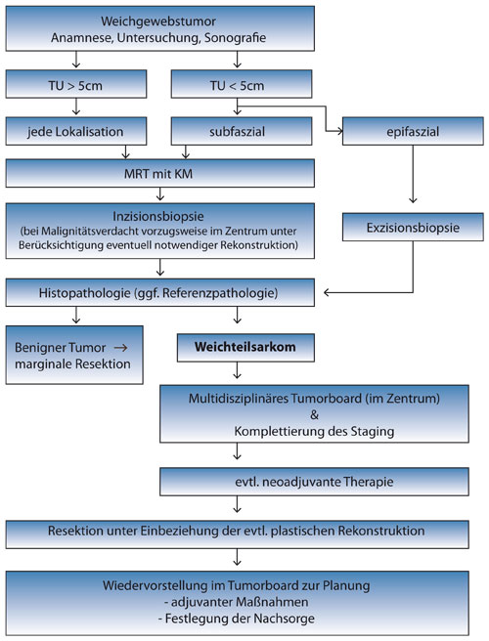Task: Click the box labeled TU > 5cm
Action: coord(76,84)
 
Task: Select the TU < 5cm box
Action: coord(242,84)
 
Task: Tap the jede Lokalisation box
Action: coord(76,131)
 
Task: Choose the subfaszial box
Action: coord(242,131)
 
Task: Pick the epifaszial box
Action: coord(413,131)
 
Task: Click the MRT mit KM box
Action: coord(160,173)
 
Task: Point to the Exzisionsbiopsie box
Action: coord(413,227)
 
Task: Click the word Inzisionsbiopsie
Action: coord(158,216)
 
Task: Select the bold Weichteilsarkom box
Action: coord(245,348)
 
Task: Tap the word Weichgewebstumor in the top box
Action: coord(158,21)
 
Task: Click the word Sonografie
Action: coord(236,37)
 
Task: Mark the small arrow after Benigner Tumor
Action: coord(120,348)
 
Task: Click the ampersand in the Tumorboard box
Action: coord(314,415)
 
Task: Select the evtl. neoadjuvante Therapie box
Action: coord(314,482)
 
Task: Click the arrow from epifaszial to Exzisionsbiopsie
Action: coord(413,174)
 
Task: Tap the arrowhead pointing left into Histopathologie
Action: coord(327,292)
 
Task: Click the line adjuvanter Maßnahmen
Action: coord(236,602)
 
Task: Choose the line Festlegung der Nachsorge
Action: coord(236,619)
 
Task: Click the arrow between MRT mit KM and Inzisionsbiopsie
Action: coord(160,193)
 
